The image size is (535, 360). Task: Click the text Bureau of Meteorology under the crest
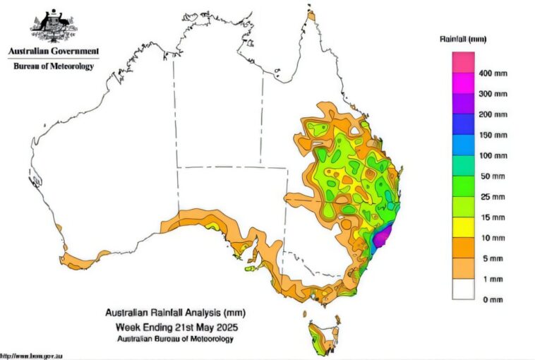pyautogui.click(x=53, y=66)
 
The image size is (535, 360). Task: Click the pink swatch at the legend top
pyautogui.click(x=463, y=63)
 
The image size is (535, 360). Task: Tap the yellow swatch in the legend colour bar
pyautogui.click(x=463, y=227)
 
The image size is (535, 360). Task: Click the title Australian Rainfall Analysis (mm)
pyautogui.click(x=175, y=312)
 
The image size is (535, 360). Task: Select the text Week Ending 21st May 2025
pyautogui.click(x=175, y=327)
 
